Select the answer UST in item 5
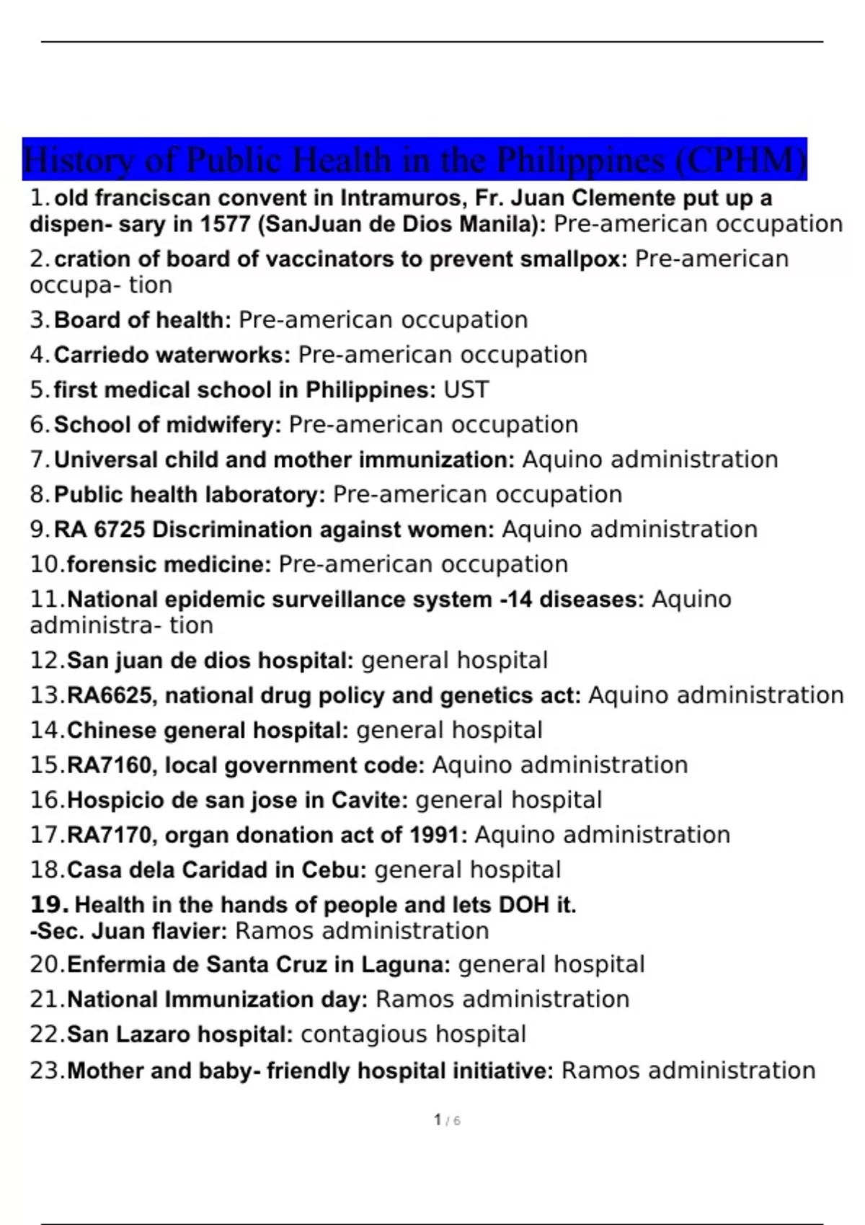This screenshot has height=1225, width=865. pyautogui.click(x=466, y=390)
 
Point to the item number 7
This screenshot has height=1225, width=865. pyautogui.click(x=38, y=460)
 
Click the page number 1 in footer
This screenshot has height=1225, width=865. pyautogui.click(x=438, y=1120)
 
